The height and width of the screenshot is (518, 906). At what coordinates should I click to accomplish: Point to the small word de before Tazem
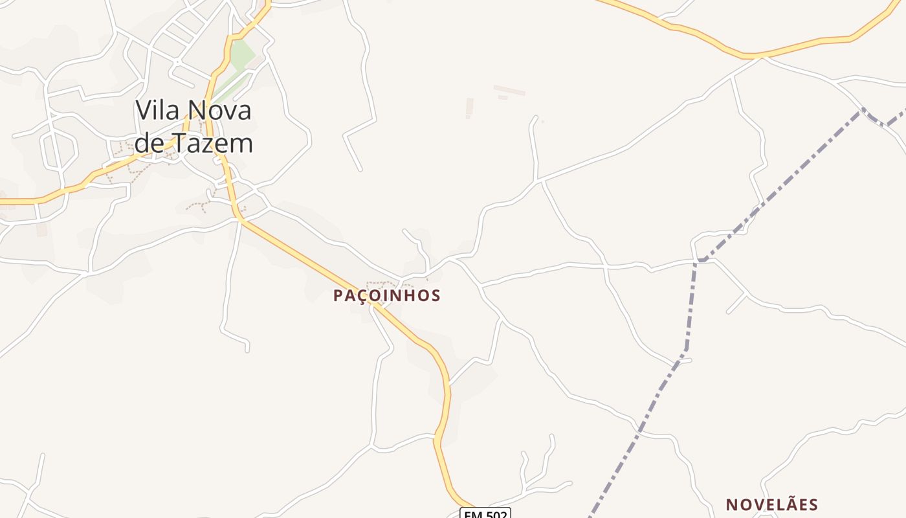point(149,143)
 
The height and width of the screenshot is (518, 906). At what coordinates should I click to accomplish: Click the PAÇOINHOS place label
point(386,296)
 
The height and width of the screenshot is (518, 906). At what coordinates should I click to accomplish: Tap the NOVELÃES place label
point(771,504)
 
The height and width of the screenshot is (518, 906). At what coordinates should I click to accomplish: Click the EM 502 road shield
point(485,513)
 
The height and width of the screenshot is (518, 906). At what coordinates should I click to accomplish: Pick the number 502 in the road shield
point(496,515)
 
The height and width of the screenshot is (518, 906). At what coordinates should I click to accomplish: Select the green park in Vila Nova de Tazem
point(241,56)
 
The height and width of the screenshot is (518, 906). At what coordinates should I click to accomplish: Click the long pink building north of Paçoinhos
point(509,90)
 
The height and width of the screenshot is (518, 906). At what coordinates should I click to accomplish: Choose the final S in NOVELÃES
point(813,504)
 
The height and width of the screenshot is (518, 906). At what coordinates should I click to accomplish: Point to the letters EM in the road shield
point(472,515)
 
